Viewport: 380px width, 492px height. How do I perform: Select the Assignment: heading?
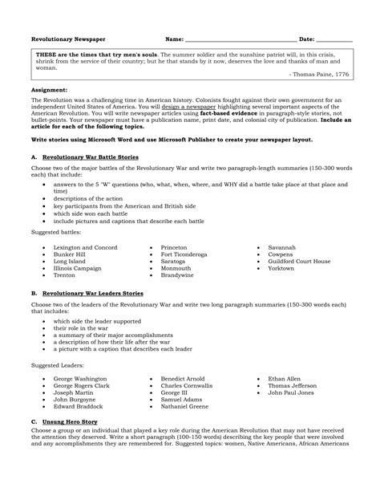(49, 91)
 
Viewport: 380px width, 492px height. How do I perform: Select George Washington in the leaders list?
(79, 378)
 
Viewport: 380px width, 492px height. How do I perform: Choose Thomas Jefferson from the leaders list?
(293, 385)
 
